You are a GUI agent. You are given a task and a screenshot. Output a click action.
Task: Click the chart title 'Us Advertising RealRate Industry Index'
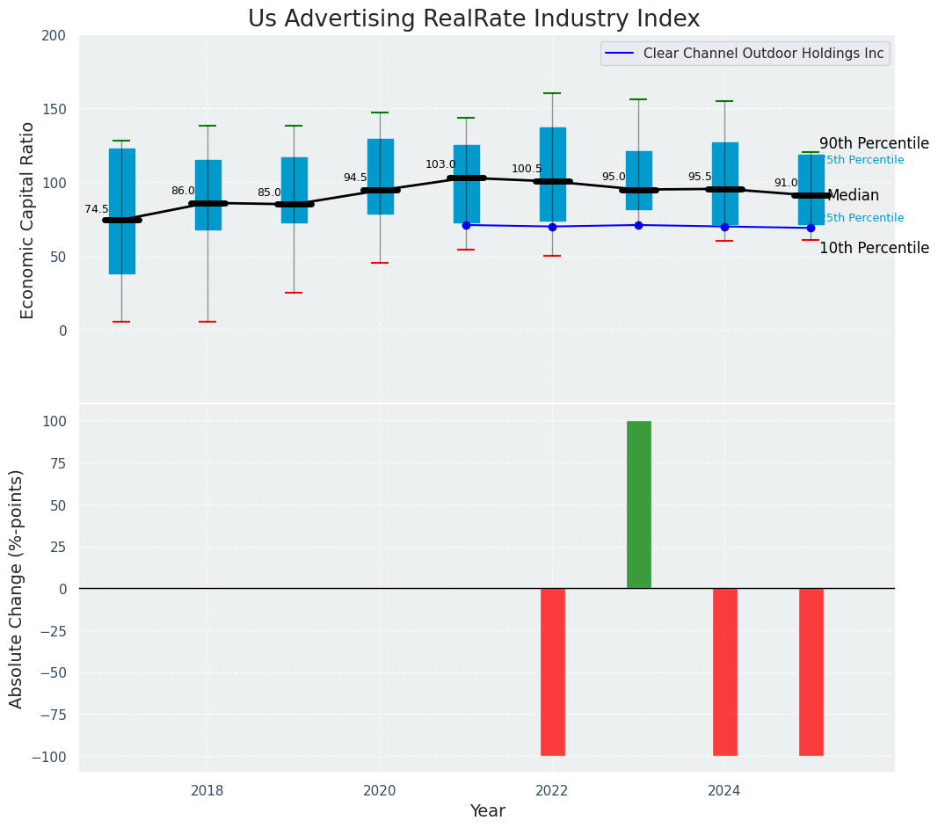click(474, 19)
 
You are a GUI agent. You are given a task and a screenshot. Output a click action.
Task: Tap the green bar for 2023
click(639, 505)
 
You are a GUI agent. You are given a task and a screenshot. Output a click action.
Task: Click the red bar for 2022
click(553, 672)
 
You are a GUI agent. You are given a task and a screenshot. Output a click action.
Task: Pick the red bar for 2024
click(725, 672)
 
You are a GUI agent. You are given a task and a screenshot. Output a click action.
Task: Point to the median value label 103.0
click(440, 164)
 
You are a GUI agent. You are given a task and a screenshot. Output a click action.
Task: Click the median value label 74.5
click(97, 209)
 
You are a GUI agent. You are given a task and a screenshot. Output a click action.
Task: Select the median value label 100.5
click(527, 169)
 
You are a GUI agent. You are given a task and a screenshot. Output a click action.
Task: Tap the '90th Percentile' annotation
click(874, 143)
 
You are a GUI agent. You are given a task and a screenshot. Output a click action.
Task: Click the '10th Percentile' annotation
click(874, 248)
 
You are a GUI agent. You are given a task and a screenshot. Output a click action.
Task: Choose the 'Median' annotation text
click(853, 196)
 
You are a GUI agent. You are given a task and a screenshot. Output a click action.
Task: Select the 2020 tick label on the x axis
click(380, 791)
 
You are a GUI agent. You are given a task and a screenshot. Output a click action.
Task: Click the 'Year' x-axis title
click(487, 811)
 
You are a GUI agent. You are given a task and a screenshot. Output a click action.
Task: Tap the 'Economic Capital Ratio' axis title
click(27, 220)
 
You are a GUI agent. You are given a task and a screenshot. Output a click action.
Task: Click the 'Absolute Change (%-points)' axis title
click(17, 588)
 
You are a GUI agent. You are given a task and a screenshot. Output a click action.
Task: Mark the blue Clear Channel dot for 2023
click(638, 225)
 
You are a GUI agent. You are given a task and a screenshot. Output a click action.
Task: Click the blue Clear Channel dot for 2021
click(466, 225)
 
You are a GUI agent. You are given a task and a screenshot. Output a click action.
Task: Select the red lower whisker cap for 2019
click(294, 293)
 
